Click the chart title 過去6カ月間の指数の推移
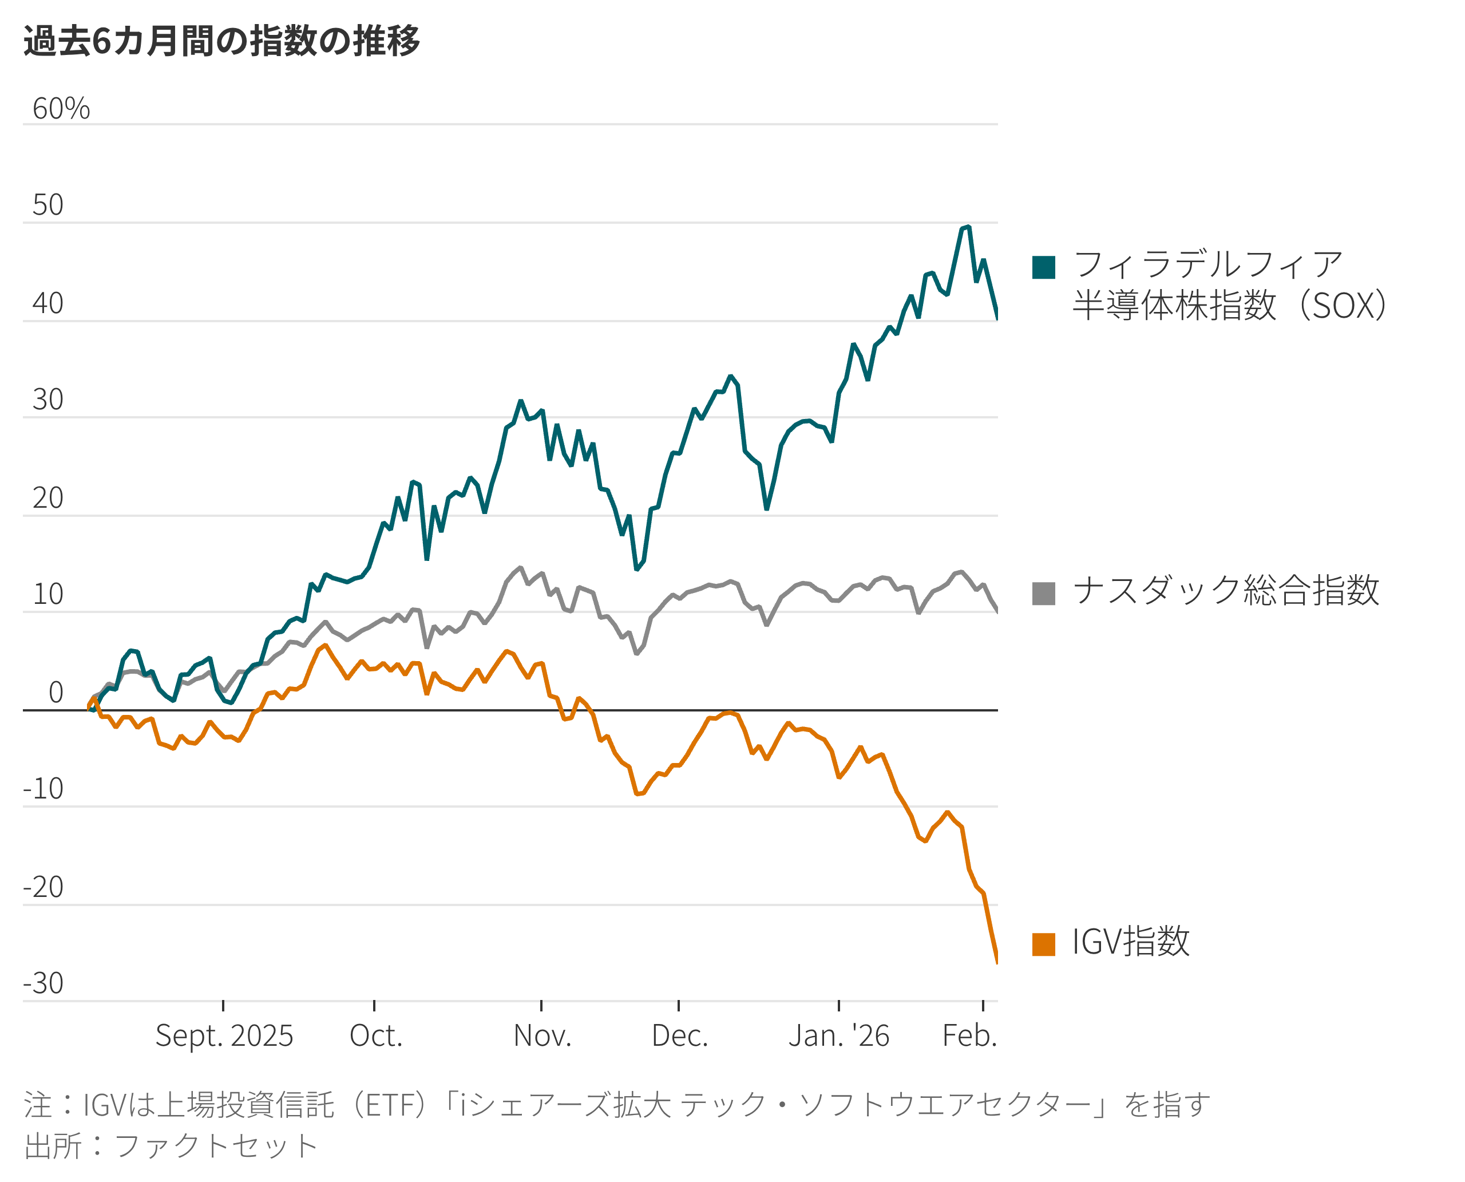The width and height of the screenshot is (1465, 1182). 222,41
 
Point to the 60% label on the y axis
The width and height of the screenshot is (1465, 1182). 61,109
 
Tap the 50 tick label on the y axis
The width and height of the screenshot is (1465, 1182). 47,205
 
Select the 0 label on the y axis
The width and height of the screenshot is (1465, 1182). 56,693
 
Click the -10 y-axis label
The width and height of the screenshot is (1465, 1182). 43,788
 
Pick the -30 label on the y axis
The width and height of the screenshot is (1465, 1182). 43,983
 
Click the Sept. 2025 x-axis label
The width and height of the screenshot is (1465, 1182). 224,1035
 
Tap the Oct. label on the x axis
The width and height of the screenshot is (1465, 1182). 376,1035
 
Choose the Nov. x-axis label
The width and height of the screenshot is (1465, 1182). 542,1035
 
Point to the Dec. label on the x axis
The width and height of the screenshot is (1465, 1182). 679,1035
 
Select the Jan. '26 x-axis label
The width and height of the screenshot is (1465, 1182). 839,1035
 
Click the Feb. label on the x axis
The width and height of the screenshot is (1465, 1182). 969,1035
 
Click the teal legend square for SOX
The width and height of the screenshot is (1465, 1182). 1044,267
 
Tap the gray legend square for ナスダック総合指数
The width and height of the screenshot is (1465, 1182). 1044,593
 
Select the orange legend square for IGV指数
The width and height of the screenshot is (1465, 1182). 1044,944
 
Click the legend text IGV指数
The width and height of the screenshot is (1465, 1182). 1131,942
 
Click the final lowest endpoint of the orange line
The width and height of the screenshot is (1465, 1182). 997,962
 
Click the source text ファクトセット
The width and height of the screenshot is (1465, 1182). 216,1146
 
